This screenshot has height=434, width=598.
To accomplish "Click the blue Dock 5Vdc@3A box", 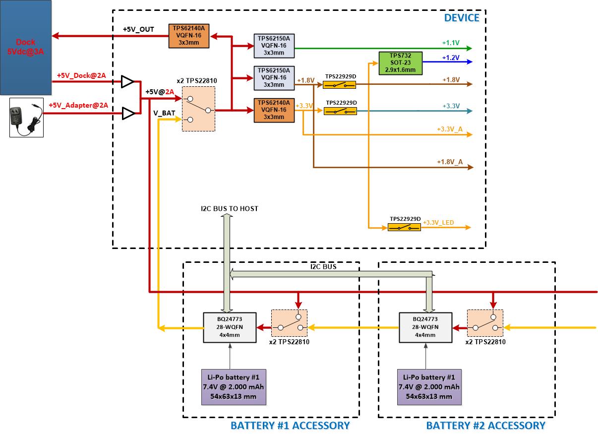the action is tap(26, 47).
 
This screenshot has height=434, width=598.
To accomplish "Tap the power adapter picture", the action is tap(26, 118).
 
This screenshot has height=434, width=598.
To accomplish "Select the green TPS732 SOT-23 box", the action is tap(401, 63).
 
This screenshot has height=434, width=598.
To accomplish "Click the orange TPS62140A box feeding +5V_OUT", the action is tap(189, 36).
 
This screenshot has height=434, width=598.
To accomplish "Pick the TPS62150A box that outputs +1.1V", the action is tap(274, 46).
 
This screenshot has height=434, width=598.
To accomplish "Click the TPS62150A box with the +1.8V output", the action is tap(274, 78).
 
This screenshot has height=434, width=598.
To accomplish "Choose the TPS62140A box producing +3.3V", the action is tap(274, 110).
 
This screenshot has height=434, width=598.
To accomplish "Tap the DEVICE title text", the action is tap(462, 18).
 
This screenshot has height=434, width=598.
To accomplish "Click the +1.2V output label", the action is tap(451, 58).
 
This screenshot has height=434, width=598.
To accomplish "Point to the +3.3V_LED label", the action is tap(438, 223).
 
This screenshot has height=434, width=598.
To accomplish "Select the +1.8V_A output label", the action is tap(450, 162).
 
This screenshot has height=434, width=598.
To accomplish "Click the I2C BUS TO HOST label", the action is tap(230, 209).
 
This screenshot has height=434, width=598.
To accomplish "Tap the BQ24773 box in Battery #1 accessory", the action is tap(230, 327).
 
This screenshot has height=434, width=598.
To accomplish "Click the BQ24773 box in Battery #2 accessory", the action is tap(425, 327).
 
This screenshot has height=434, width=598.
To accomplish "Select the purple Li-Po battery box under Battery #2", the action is tap(429, 387).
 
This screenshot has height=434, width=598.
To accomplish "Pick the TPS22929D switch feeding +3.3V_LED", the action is tap(404, 228).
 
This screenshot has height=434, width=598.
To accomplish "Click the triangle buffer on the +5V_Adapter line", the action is tap(128, 114).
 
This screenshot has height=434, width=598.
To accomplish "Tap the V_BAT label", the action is tap(164, 113).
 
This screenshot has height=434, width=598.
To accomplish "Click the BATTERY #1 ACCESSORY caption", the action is tap(290, 426).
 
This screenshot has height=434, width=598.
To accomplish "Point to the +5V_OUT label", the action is tap(138, 29).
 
